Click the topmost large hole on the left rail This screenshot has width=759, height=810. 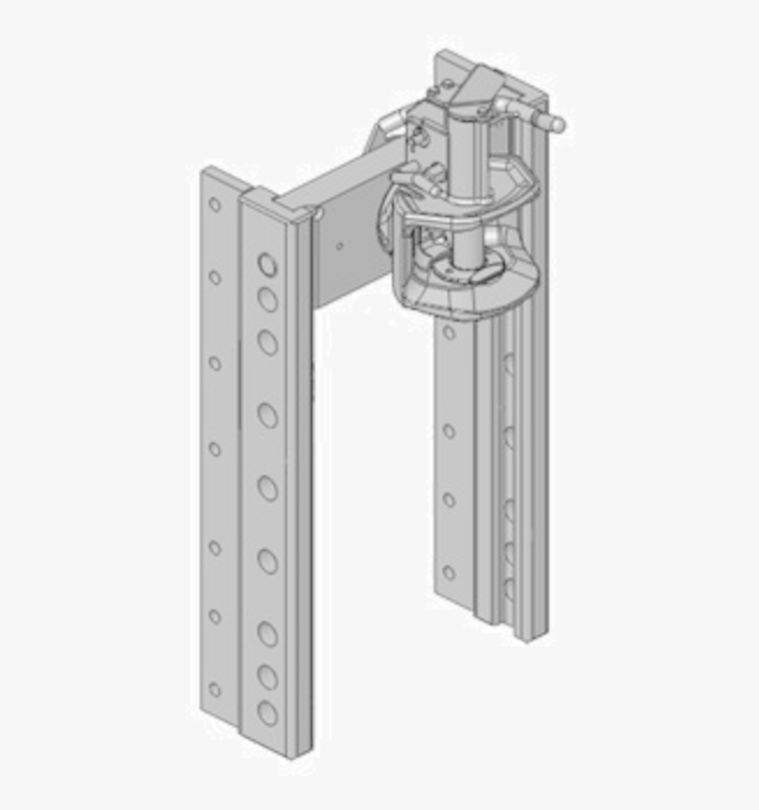(x=267, y=265)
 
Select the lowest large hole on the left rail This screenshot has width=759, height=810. (x=267, y=713)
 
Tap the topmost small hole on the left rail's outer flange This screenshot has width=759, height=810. (x=215, y=204)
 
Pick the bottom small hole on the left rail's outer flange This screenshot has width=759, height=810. (x=215, y=689)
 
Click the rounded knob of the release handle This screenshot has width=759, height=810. (x=556, y=124)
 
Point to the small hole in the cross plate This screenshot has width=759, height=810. (x=339, y=247)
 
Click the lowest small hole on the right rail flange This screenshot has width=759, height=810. (x=449, y=573)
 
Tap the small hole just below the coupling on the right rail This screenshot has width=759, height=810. (x=449, y=333)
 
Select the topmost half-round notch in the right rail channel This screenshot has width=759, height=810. (x=509, y=364)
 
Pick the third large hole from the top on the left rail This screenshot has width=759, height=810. (x=267, y=342)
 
